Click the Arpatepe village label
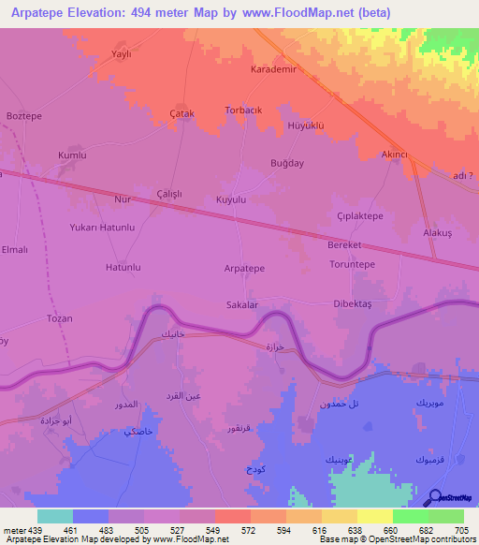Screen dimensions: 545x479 pos(244,268)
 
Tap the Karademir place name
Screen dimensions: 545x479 pos(274,70)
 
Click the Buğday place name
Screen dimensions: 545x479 pos(287,163)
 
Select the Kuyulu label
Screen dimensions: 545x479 pos(231,200)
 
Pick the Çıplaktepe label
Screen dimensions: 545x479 pos(360,215)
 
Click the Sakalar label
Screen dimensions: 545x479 pos(242,304)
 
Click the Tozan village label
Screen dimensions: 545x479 pos(59,318)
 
